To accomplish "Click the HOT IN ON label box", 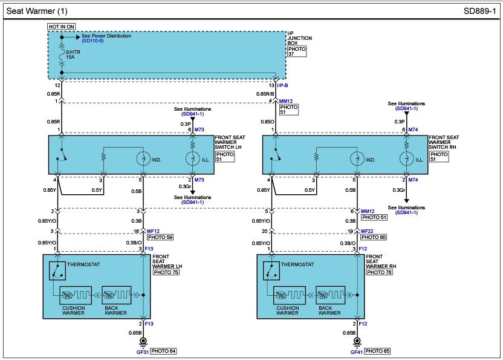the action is (62, 27).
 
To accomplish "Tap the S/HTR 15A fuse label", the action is (73, 54).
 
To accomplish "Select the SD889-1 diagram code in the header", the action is (479, 11).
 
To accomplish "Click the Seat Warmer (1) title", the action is (37, 11).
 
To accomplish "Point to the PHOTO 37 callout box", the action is (297, 51).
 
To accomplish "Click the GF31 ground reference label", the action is (143, 352).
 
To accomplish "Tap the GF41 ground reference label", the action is (357, 352).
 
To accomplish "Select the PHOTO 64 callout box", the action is (163, 351).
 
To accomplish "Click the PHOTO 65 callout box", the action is (377, 351).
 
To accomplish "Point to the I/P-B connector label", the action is (282, 85).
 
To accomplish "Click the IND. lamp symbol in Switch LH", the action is (143, 159).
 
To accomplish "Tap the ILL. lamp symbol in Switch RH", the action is (406, 159).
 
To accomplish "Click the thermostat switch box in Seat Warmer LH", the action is (57, 270).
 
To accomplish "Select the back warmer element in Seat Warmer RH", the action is (331, 295).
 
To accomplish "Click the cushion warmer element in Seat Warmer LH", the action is (76, 295).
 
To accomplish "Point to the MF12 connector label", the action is (153, 231).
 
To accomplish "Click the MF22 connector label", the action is (367, 231).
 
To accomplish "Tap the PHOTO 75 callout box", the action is (166, 272).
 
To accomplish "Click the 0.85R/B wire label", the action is (265, 94).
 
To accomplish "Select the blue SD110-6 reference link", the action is (92, 41).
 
